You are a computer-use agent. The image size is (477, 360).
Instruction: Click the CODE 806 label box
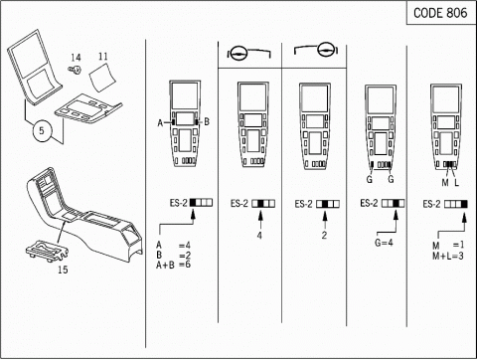click(441, 13)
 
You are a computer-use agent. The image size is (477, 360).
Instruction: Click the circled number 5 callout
click(42, 130)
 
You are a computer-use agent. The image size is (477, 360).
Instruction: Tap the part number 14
click(76, 58)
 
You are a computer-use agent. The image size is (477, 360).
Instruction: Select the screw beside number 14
click(76, 70)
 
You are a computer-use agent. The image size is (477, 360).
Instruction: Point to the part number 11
click(103, 57)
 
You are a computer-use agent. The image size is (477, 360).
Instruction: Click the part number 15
click(63, 270)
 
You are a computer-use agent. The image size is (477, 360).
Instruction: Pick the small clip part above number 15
click(48, 252)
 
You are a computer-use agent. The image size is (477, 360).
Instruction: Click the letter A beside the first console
click(160, 123)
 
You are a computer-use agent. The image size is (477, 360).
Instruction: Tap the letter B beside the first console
click(207, 122)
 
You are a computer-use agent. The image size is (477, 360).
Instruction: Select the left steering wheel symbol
click(238, 53)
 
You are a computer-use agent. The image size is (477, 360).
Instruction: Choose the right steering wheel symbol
click(326, 50)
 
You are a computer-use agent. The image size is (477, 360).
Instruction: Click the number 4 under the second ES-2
click(259, 236)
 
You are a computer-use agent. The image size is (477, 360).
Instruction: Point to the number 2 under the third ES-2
click(324, 236)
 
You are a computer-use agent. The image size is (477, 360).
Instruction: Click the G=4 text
click(384, 243)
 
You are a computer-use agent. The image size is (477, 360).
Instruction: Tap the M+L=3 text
click(448, 256)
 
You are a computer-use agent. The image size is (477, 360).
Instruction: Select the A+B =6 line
click(173, 265)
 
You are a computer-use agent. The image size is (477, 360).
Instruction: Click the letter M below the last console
click(445, 183)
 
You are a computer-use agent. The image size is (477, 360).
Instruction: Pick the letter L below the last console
click(456, 183)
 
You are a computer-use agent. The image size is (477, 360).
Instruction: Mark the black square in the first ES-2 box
click(193, 203)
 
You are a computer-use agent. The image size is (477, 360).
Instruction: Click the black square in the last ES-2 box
click(464, 204)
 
